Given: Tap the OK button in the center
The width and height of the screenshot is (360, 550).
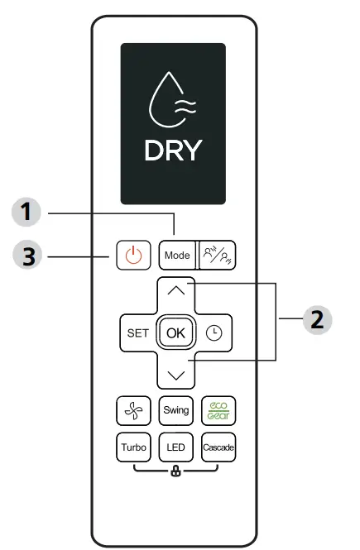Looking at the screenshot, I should click(x=175, y=332).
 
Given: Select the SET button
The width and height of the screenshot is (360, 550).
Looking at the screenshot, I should click(x=136, y=332).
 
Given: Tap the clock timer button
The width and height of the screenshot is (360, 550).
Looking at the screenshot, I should click(x=215, y=332).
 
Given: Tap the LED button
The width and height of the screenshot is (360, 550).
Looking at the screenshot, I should click(x=175, y=447).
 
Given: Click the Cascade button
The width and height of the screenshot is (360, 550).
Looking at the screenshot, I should click(x=218, y=447).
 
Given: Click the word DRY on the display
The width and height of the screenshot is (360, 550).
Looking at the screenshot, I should click(x=174, y=151).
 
